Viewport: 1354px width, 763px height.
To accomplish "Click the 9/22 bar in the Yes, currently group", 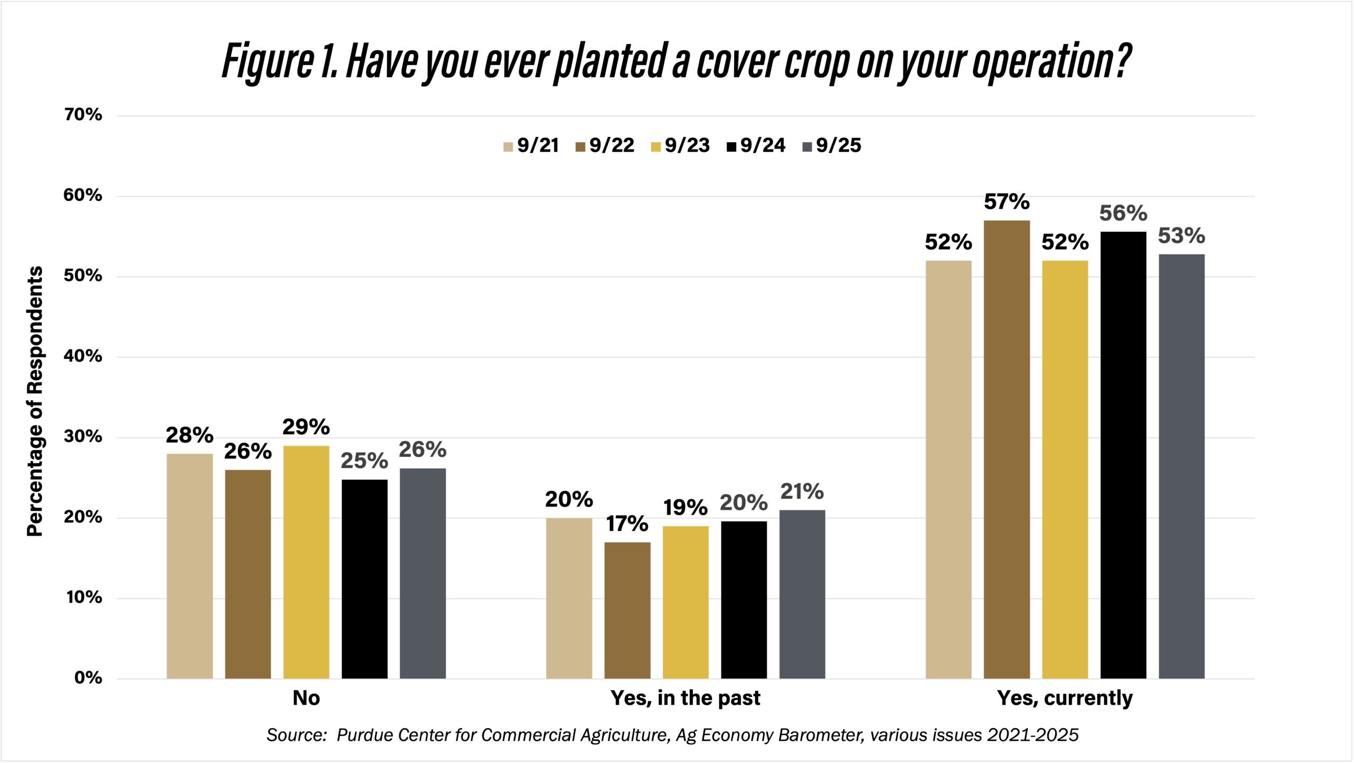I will pyautogui.click(x=1007, y=449).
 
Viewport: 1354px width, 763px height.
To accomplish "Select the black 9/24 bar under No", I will pyautogui.click(x=364, y=579).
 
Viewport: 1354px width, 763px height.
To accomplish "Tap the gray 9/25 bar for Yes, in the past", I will pyautogui.click(x=802, y=594).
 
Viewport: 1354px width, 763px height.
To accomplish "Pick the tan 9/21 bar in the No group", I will pyautogui.click(x=189, y=566).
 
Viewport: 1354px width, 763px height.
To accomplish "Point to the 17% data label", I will pyautogui.click(x=627, y=524).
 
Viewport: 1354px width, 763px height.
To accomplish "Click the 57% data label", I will pyautogui.click(x=1007, y=202).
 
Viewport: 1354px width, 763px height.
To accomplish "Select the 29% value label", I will pyautogui.click(x=306, y=427).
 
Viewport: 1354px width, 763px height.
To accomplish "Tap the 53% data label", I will pyautogui.click(x=1181, y=236).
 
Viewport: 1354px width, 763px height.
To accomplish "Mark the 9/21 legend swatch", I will pyautogui.click(x=508, y=147).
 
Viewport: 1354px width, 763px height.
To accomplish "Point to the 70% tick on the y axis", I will pyautogui.click(x=83, y=115).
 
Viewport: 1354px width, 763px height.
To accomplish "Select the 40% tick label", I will pyautogui.click(x=83, y=356).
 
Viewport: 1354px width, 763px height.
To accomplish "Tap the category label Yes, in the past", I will pyautogui.click(x=685, y=698).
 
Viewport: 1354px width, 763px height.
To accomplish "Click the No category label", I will pyautogui.click(x=306, y=698).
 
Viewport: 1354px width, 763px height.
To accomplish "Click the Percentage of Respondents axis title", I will pyautogui.click(x=35, y=402).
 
